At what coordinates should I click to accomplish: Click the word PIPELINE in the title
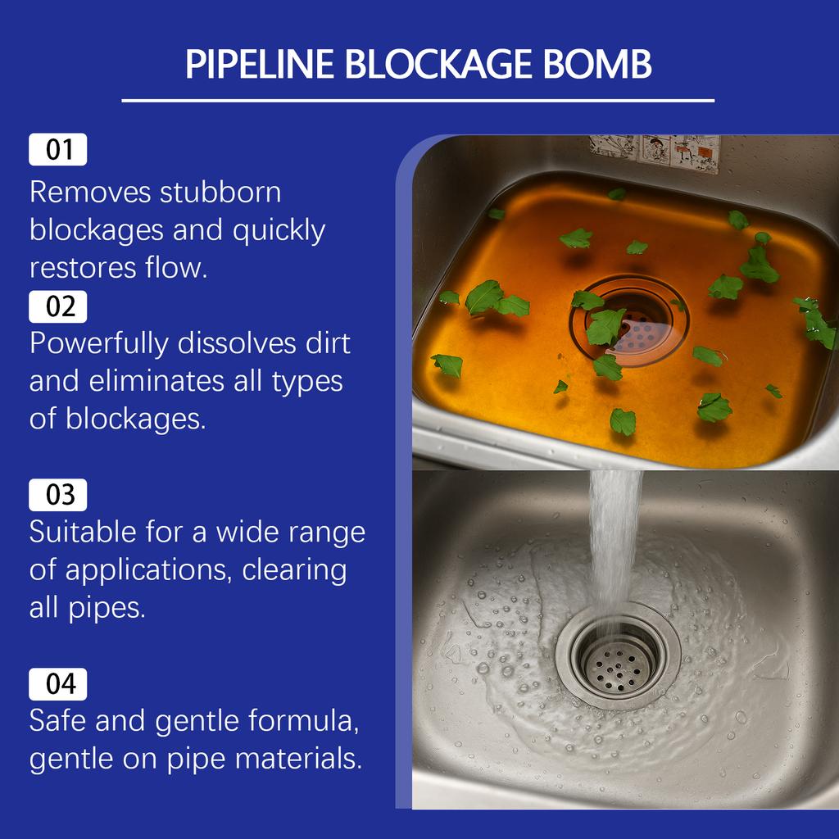258,65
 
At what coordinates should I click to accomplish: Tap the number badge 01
58,150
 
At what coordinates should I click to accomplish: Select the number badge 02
58,306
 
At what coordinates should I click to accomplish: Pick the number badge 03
58,495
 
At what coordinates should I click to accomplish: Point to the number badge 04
58,684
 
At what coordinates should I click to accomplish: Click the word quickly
279,231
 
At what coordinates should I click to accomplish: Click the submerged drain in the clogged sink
629,320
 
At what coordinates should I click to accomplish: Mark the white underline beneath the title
418,100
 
